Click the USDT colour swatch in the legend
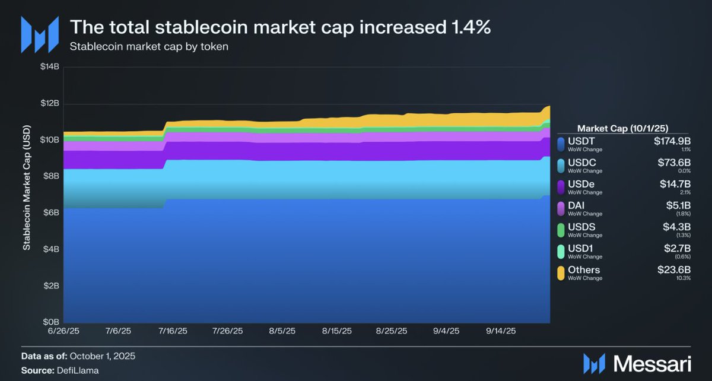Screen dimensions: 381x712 561,144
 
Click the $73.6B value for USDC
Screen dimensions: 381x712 673,163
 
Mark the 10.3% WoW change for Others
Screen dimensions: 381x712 684,278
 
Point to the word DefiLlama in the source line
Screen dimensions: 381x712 85,370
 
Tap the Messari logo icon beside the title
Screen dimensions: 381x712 40,33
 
